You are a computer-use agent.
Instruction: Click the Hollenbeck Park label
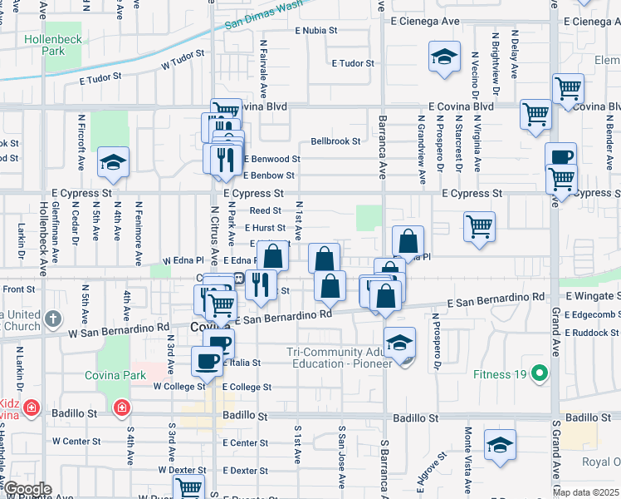52,45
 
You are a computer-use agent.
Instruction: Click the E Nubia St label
317,30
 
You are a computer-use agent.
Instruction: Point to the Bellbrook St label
335,141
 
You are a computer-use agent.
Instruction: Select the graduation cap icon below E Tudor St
444,57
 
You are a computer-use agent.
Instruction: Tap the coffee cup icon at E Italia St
207,361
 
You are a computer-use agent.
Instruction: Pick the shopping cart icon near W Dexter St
189,489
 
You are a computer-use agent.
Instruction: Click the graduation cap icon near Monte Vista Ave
500,445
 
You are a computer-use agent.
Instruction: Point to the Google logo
27,489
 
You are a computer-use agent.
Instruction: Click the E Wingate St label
594,295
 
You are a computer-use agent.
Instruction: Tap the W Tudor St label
183,60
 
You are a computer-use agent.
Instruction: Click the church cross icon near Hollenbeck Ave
53,319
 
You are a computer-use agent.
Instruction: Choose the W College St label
178,387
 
